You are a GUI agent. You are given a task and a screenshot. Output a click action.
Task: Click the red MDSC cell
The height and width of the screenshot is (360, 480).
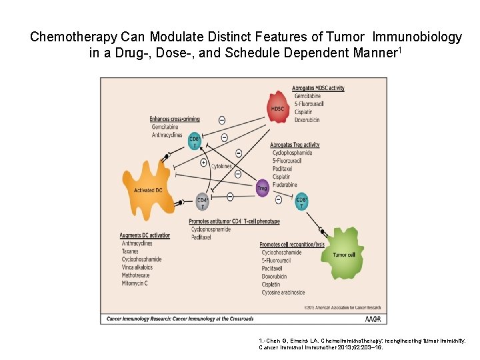[x=278, y=107]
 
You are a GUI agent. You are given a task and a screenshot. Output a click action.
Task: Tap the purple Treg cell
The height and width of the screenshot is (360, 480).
[x=263, y=189]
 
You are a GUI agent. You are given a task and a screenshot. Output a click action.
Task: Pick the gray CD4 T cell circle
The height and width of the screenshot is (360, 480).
[x=202, y=201]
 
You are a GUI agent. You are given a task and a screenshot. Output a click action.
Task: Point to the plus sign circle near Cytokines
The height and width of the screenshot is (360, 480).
[x=203, y=163]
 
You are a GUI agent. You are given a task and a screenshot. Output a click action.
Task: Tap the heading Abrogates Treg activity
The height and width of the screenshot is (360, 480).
[x=295, y=145]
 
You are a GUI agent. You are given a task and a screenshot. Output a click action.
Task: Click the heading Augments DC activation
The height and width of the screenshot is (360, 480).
[x=145, y=235]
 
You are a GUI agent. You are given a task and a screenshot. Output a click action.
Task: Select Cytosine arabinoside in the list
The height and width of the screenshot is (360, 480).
[x=283, y=292]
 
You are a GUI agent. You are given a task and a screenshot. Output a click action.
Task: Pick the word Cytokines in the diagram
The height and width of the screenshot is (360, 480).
[x=221, y=166]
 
